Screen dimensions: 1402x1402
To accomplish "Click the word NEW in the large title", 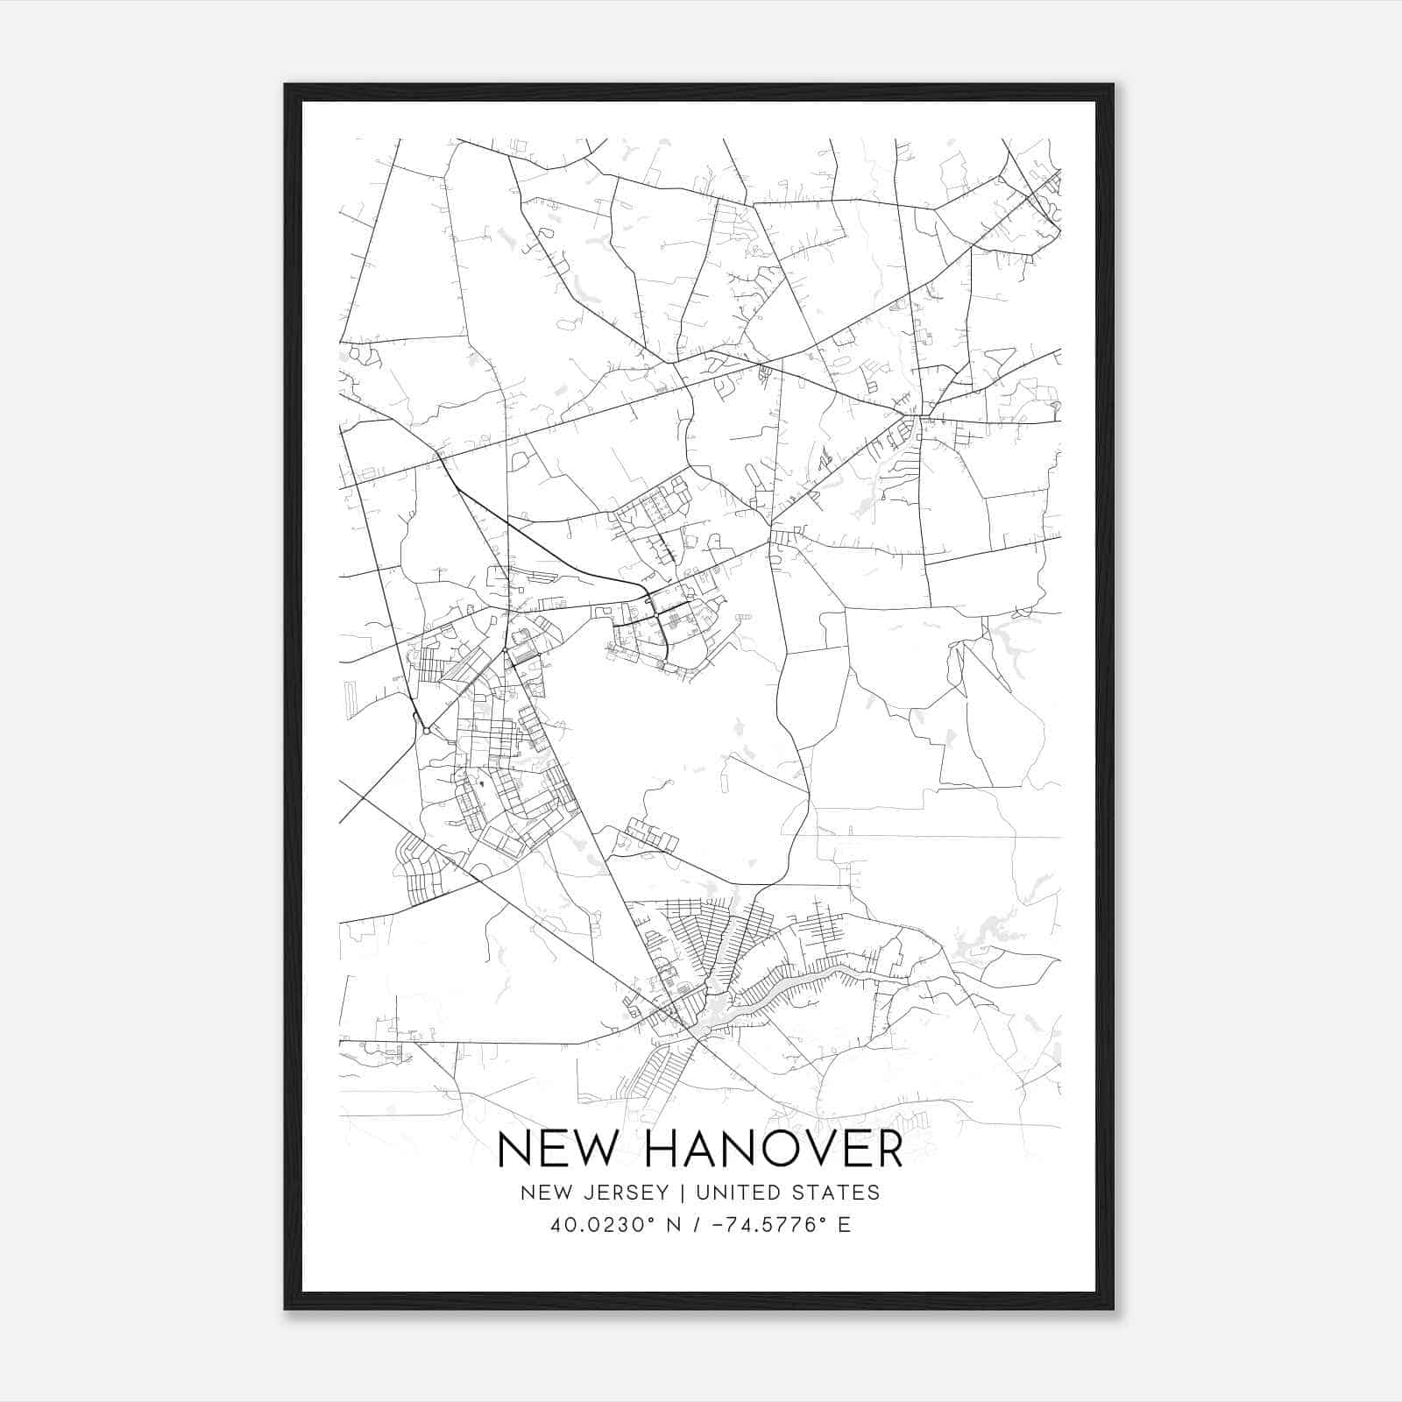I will click(x=554, y=1150).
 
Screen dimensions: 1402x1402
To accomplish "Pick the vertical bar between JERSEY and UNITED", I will click(x=670, y=1192).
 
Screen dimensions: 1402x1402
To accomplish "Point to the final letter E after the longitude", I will click(x=844, y=1224).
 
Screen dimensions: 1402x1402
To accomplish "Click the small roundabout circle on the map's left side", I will click(x=425, y=730).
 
